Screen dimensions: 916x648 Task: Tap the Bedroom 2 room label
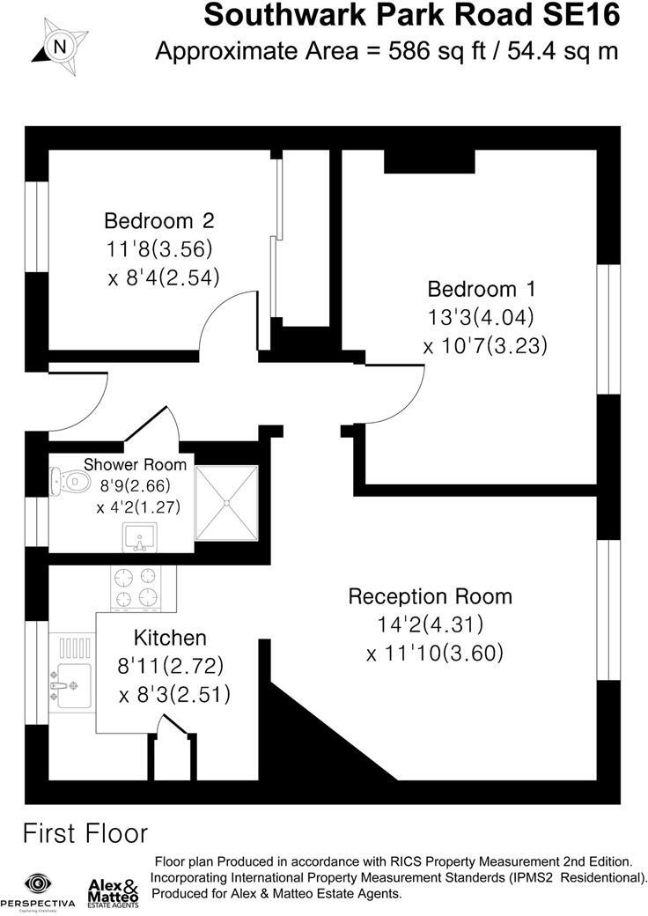coord(158,220)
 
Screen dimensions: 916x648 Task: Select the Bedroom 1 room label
coord(482,289)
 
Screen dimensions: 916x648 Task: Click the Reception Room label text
coord(430,596)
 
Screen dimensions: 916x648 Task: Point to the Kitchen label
coord(170,638)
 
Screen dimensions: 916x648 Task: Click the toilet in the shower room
coord(69,481)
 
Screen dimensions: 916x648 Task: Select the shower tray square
coord(226,501)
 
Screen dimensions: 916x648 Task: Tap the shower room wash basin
coord(141,535)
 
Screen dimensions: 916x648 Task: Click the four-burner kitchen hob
coord(135,587)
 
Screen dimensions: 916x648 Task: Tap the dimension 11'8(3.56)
coord(158,248)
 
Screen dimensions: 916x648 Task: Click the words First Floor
coord(85,832)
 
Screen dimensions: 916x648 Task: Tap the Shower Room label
coord(135,464)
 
